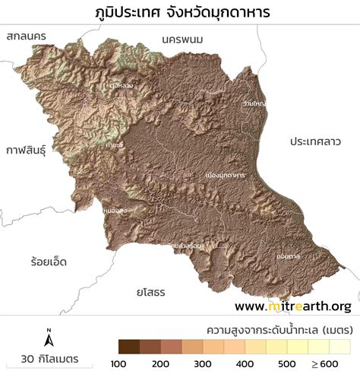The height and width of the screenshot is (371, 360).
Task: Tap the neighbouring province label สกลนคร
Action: coord(27,36)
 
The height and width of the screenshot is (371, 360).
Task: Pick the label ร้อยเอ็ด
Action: coord(44,262)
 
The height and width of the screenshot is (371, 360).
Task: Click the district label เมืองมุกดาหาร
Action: coord(225,175)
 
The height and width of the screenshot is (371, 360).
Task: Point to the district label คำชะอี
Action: coord(115,144)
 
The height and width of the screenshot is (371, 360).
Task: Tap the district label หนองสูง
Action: coord(113,207)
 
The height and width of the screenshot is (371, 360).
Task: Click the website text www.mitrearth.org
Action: coord(292,306)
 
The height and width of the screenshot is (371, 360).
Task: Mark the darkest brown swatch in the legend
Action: coord(130,346)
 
